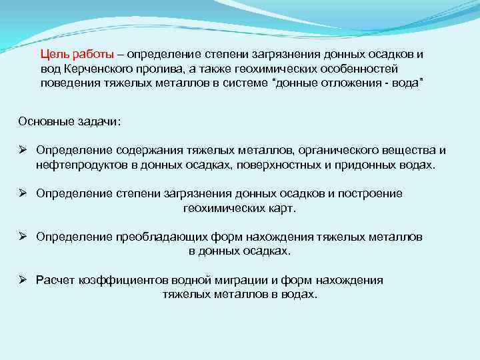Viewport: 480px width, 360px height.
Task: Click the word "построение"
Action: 370,193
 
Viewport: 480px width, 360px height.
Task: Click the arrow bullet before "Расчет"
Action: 22,280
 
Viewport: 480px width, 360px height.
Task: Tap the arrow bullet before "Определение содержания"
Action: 22,151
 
